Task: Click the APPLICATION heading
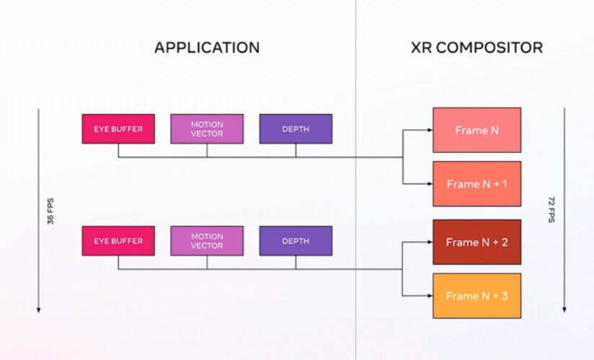tap(207, 48)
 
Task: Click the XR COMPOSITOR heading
tap(476, 48)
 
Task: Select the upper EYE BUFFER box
tap(118, 129)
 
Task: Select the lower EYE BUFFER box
tap(118, 241)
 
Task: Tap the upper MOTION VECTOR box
tap(207, 129)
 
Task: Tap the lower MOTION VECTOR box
tap(207, 241)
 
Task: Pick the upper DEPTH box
tap(296, 129)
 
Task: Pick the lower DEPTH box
tap(296, 241)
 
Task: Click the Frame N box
tap(476, 130)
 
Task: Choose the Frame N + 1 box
tap(476, 184)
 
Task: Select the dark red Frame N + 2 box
tap(476, 242)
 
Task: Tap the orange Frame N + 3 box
tap(476, 296)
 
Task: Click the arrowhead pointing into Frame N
tap(428, 131)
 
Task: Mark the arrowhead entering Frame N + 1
tap(428, 184)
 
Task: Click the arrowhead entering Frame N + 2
tap(428, 242)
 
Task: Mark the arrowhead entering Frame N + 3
tap(428, 296)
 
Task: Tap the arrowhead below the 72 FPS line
tap(564, 309)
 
